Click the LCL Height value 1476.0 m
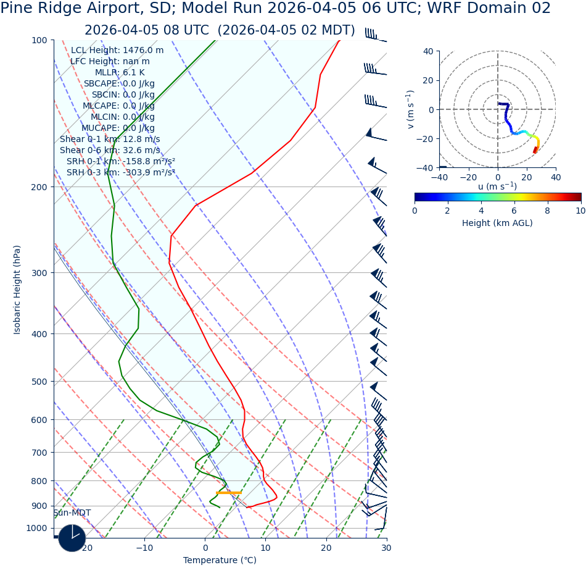click(142, 51)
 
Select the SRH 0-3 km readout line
click(120, 173)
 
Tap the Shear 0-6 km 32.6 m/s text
click(110, 151)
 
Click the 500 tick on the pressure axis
click(39, 382)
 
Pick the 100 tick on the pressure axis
click(39, 40)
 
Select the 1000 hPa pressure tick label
click(36, 528)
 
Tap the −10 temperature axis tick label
click(144, 548)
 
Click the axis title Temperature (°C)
click(220, 560)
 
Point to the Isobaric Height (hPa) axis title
click(17, 290)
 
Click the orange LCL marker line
click(228, 493)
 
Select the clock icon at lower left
click(72, 538)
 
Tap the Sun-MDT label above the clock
click(72, 513)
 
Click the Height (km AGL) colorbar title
click(497, 223)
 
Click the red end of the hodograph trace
click(535, 150)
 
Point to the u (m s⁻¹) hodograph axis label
click(497, 186)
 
